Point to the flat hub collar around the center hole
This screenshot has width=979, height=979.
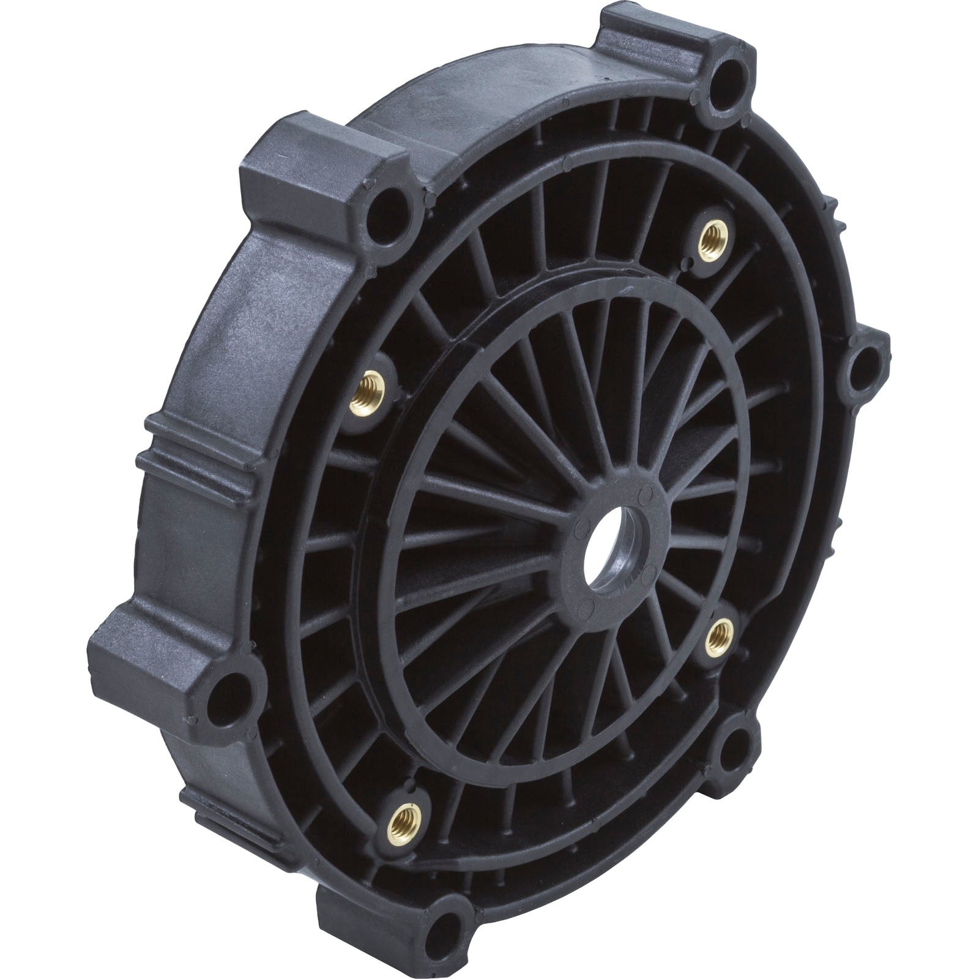pos(630,508)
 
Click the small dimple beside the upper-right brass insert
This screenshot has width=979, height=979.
pos(691,263)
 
